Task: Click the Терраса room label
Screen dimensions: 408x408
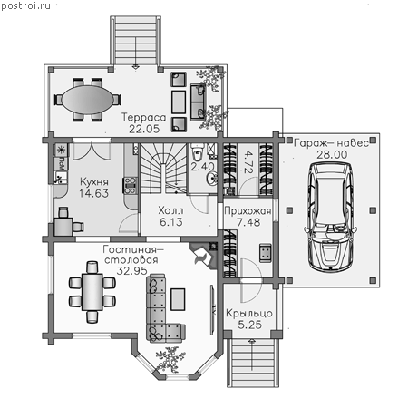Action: click(x=144, y=117)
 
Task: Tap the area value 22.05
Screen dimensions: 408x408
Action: click(x=144, y=129)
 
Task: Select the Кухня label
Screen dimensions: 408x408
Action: click(x=94, y=181)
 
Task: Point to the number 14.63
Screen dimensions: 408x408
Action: click(x=93, y=193)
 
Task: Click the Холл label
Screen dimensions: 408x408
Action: click(x=170, y=210)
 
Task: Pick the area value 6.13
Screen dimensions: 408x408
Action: click(x=171, y=222)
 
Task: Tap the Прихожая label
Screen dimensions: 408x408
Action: click(x=248, y=211)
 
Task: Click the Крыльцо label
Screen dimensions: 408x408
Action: click(x=249, y=314)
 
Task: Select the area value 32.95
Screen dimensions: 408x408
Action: click(x=131, y=270)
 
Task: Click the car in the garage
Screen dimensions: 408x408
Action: click(x=330, y=216)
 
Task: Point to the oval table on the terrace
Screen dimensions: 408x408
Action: click(x=88, y=100)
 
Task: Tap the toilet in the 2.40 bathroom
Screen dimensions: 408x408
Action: click(x=198, y=152)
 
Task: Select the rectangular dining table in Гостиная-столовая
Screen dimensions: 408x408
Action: click(x=92, y=292)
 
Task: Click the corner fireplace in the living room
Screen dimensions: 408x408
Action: click(x=205, y=255)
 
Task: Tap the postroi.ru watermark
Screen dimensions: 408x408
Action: click(x=25, y=5)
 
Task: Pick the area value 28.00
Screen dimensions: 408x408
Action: click(x=332, y=154)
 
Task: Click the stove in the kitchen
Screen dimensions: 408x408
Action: click(x=131, y=185)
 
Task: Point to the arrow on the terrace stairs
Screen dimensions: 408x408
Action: click(x=136, y=53)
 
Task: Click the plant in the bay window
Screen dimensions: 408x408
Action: click(x=170, y=359)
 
